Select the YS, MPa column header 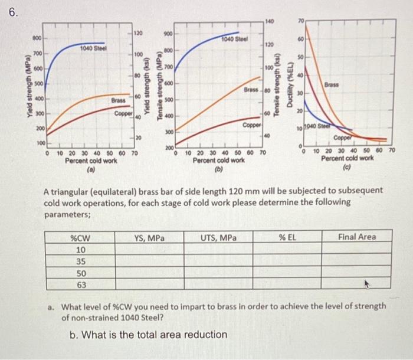pyautogui.click(x=149, y=238)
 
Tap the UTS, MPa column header pyautogui.click(x=218, y=238)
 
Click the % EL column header pyautogui.click(x=287, y=238)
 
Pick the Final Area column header pyautogui.click(x=357, y=237)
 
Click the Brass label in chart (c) pyautogui.click(x=350, y=86)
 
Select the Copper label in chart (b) pyautogui.click(x=252, y=125)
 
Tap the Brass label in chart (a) pyautogui.click(x=119, y=101)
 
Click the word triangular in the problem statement pyautogui.click(x=71, y=192)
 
